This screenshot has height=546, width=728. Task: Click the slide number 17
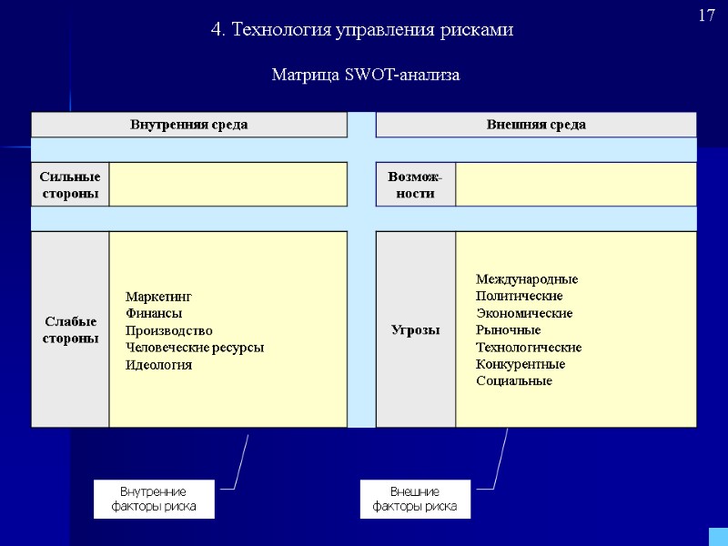pos(707,15)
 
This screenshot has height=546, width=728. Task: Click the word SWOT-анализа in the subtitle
pos(403,75)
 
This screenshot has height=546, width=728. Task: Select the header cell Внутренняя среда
pos(189,125)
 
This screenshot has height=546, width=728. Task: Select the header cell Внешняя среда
pos(536,125)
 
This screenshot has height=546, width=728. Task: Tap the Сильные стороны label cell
pos(70,185)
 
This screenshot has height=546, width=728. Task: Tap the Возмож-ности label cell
pos(415,185)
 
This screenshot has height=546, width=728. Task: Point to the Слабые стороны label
pos(70,329)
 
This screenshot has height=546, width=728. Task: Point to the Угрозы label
pos(415,329)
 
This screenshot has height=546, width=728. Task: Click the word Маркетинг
pos(159,297)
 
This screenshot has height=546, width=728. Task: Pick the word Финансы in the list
pos(154,313)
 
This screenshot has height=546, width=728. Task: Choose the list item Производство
pos(169,330)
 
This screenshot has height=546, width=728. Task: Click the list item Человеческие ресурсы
pos(195,348)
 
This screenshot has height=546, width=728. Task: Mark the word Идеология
pos(159,365)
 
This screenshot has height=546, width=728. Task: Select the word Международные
pos(527,279)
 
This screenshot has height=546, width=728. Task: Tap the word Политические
pos(519,296)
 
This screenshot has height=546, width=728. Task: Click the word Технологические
pos(529,348)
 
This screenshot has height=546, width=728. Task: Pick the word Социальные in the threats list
pos(514,380)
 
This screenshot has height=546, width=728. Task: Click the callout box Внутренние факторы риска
pos(154,499)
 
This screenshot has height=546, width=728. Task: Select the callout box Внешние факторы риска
pos(415,499)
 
